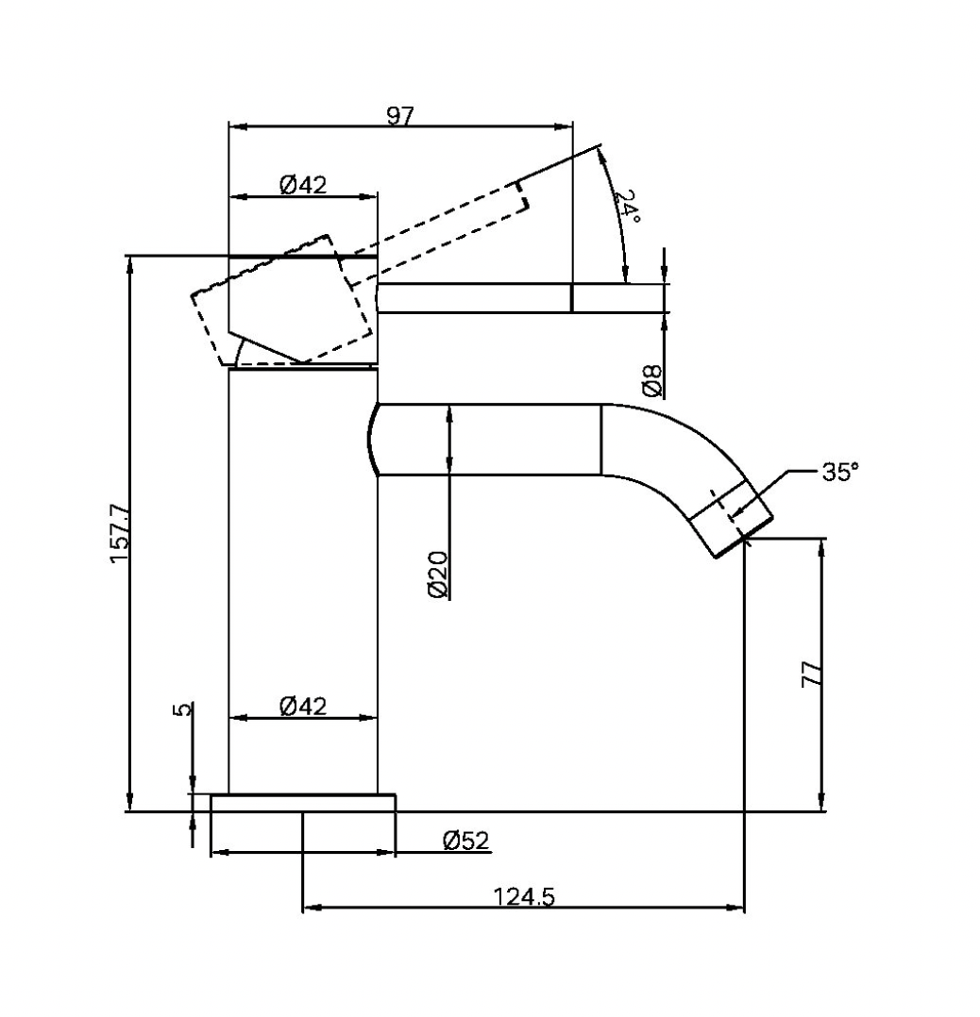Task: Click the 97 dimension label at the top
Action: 400,115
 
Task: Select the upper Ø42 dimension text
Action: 303,185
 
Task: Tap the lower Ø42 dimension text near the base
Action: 303,706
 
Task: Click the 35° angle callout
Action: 839,472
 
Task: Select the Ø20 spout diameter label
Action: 438,575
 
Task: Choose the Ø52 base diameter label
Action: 465,841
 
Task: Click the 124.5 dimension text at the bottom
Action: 524,897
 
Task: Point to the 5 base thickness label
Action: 183,709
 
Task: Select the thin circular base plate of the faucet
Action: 302,803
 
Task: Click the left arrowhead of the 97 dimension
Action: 237,125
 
